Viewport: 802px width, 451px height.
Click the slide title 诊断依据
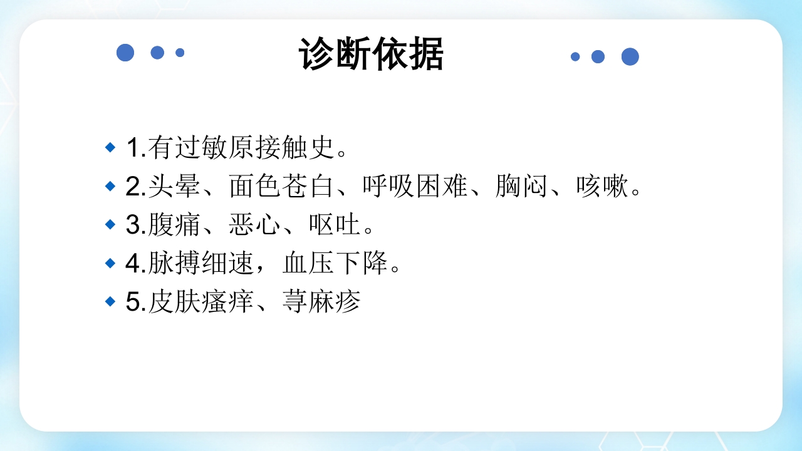(x=371, y=54)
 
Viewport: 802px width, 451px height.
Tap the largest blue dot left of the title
(x=125, y=53)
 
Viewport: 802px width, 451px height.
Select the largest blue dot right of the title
(x=630, y=56)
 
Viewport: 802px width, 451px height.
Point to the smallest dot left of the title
(x=180, y=53)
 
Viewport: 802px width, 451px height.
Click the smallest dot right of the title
(x=575, y=56)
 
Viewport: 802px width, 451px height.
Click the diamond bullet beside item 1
(x=110, y=148)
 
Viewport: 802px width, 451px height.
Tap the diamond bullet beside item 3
(x=110, y=224)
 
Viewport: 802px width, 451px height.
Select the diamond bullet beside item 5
(x=110, y=302)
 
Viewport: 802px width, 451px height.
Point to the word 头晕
(x=175, y=187)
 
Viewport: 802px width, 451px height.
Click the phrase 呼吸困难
(x=415, y=187)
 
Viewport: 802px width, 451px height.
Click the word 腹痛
(x=175, y=225)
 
